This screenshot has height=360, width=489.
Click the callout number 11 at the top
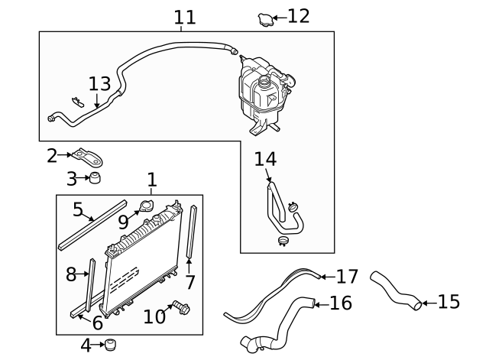pos(184,16)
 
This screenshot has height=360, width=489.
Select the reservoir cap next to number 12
pos(264,18)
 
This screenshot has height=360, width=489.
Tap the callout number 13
pos(99,83)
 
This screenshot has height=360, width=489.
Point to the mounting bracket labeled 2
pos(92,158)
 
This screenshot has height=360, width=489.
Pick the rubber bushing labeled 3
pos(95,180)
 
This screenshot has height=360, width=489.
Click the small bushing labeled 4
pos(111,345)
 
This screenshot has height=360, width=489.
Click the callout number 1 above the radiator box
pos(152,180)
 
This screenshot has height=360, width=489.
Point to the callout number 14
pos(264,159)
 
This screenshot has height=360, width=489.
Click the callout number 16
pos(340,303)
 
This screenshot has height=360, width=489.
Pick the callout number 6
pos(97,323)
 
